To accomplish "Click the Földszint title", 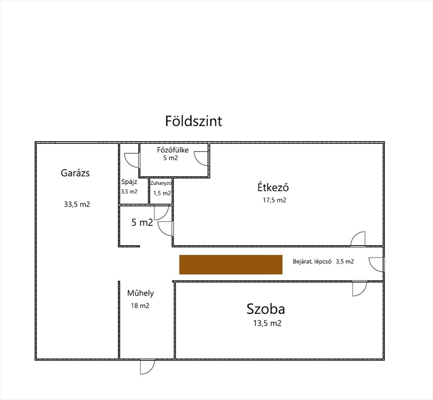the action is pyautogui.click(x=194, y=121).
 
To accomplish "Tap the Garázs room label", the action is pyautogui.click(x=75, y=173).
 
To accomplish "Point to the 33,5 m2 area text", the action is pyautogui.click(x=77, y=204).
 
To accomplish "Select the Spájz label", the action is pyautogui.click(x=129, y=182).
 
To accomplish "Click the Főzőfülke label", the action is pyautogui.click(x=173, y=150).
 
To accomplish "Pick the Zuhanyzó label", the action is pyautogui.click(x=161, y=183).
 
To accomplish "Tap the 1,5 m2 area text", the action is pyautogui.click(x=162, y=193).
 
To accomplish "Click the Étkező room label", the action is pyautogui.click(x=273, y=187).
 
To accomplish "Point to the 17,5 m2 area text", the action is pyautogui.click(x=274, y=200).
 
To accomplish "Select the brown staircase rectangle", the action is pyautogui.click(x=231, y=264).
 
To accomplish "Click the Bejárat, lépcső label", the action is pyautogui.click(x=312, y=262).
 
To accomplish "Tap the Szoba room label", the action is pyautogui.click(x=266, y=309).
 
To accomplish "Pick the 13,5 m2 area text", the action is pyautogui.click(x=267, y=323).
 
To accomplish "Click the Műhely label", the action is pyautogui.click(x=140, y=293).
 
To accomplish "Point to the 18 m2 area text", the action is pyautogui.click(x=140, y=306).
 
